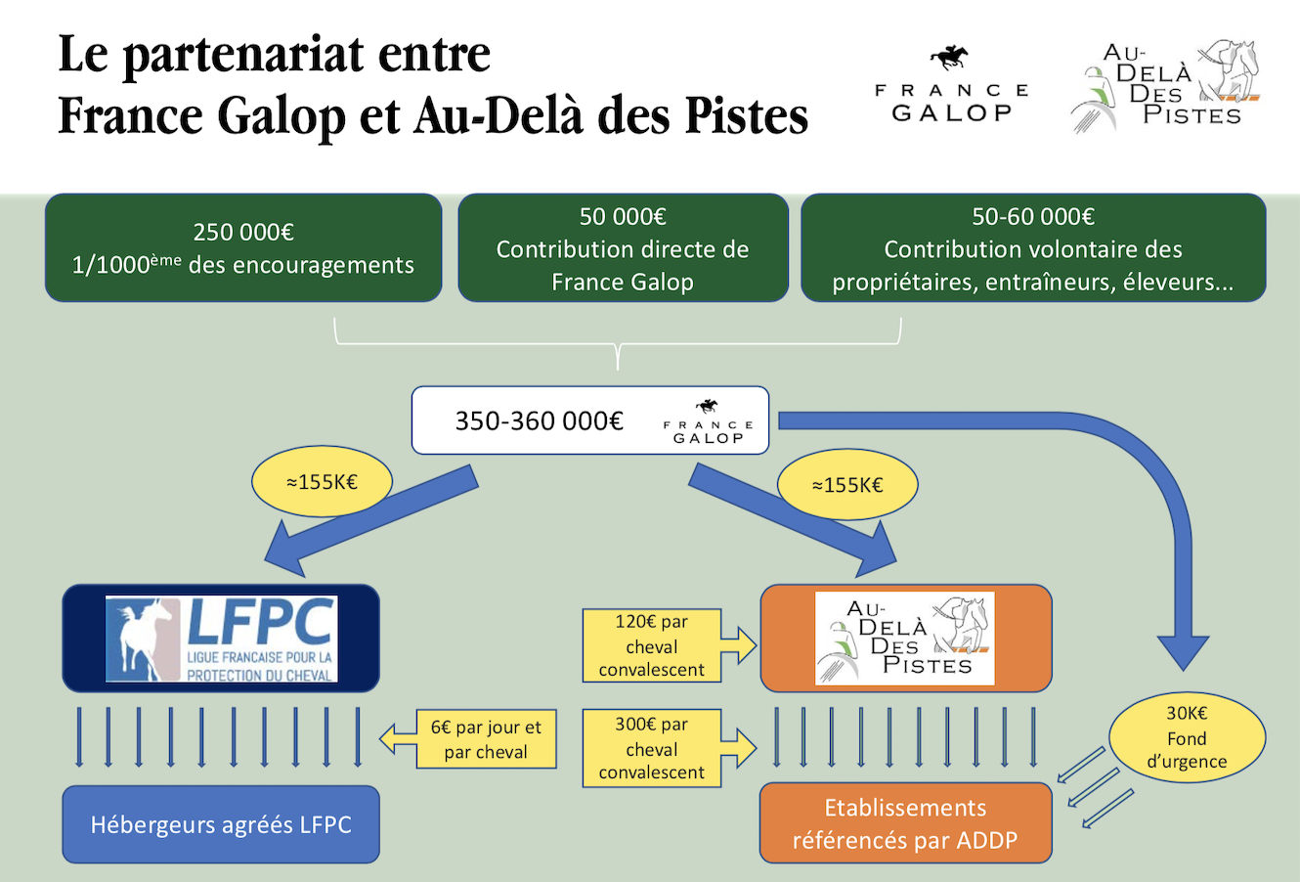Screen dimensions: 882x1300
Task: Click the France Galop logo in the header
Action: click(x=951, y=88)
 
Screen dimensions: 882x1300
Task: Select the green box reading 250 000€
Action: click(x=243, y=248)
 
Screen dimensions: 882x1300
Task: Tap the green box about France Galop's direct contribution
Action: click(x=623, y=248)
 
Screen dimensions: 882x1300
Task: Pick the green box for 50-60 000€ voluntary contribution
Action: click(x=1033, y=248)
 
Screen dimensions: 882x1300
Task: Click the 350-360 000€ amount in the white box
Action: click(x=539, y=421)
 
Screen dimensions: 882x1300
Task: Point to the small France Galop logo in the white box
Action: click(x=709, y=422)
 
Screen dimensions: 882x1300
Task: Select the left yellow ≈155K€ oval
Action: click(x=322, y=482)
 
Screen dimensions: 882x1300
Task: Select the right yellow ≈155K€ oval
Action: click(x=847, y=485)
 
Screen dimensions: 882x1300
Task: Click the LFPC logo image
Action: click(x=222, y=639)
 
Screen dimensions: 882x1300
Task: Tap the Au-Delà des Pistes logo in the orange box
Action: click(x=905, y=639)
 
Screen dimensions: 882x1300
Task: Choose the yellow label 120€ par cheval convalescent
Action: click(x=652, y=645)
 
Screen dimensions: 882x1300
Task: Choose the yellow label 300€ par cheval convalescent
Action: click(x=652, y=748)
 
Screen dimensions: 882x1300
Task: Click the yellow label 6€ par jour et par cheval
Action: click(x=485, y=739)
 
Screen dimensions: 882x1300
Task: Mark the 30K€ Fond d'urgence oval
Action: click(x=1187, y=737)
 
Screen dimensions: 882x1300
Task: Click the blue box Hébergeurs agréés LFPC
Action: click(x=221, y=824)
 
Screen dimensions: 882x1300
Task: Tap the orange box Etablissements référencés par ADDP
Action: click(x=905, y=823)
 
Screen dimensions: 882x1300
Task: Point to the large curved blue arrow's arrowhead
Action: click(x=1184, y=651)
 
